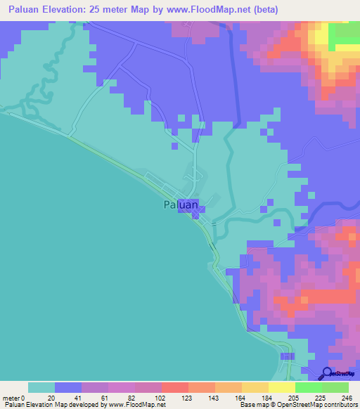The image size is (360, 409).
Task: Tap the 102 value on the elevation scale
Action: [x=161, y=397]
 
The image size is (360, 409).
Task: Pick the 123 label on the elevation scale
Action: [x=188, y=397]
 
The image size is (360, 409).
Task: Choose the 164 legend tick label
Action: [x=241, y=397]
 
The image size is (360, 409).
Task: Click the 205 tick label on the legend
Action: [x=295, y=397]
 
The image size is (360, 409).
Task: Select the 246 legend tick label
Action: [x=347, y=397]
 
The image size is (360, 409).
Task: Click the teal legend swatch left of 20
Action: [x=41, y=387]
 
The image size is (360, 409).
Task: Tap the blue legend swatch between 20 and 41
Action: [x=68, y=387]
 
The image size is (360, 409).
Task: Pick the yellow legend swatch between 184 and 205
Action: [x=281, y=387]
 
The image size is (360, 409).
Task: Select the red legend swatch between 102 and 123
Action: [x=174, y=387]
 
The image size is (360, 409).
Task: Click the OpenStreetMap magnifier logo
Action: [x=328, y=373]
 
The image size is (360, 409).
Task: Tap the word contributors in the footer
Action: [x=340, y=405]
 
